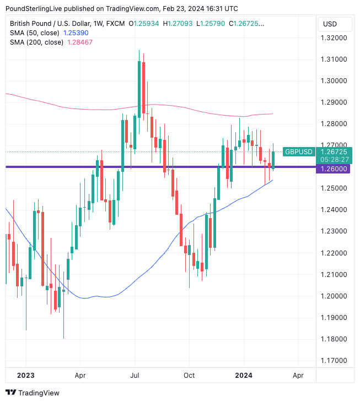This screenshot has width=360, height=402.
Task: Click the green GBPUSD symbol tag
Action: point(298,151)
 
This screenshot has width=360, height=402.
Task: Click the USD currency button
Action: point(330,24)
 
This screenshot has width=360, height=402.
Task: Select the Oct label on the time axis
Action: point(189,375)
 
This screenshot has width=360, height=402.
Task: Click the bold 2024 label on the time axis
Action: point(244,375)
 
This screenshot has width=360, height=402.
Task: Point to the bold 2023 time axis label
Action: point(26,375)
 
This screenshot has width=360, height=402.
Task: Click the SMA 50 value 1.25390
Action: point(76,33)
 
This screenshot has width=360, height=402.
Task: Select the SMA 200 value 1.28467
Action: point(79,42)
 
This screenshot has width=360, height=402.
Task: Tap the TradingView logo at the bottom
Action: point(33,393)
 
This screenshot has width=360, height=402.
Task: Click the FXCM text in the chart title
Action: point(115,24)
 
